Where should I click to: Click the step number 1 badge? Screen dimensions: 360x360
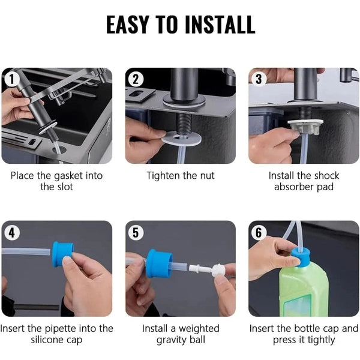(10, 78)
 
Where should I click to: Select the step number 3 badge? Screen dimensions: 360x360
(259, 78)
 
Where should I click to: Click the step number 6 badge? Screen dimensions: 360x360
(259, 232)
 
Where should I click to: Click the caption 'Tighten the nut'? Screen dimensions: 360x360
(181, 176)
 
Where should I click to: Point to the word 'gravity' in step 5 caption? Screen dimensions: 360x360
(172, 340)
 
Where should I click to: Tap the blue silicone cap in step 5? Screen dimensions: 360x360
(158, 263)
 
